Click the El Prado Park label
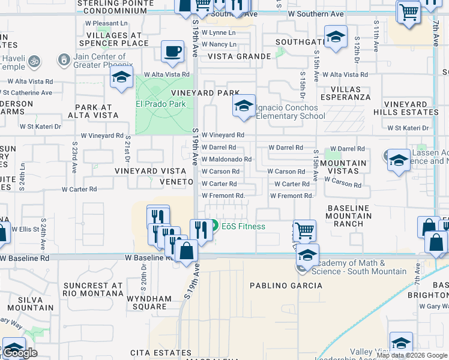coord(161,104)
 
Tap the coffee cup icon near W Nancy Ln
coord(172,51)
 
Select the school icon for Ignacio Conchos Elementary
coord(243,106)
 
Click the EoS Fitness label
coord(243,226)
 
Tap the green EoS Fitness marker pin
coord(214,226)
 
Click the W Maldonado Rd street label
coord(226,159)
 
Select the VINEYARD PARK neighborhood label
coord(205,94)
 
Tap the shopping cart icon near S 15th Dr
coord(304,230)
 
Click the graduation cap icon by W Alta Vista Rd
coord(121,77)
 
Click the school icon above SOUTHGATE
coord(336,37)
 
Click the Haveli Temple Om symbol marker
coord(34,61)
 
